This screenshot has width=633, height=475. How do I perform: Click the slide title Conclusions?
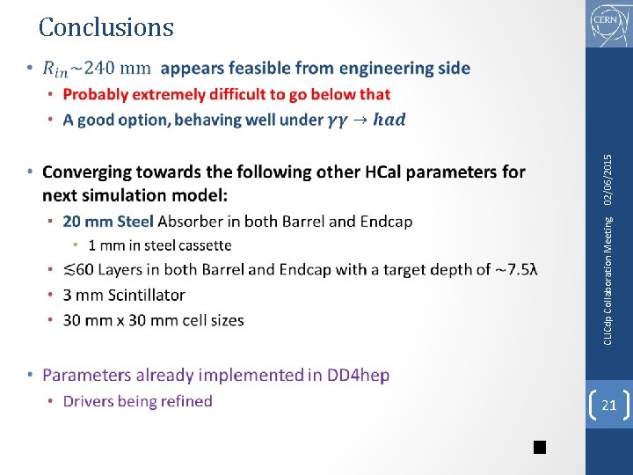(x=106, y=27)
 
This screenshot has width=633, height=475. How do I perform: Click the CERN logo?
(x=608, y=24)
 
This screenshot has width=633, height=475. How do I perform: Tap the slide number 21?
(x=608, y=405)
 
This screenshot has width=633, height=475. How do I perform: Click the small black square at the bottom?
(x=539, y=448)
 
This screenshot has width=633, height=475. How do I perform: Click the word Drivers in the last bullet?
(x=91, y=401)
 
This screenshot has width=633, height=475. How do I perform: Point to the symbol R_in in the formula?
(x=55, y=69)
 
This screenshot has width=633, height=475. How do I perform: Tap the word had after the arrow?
(x=389, y=120)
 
